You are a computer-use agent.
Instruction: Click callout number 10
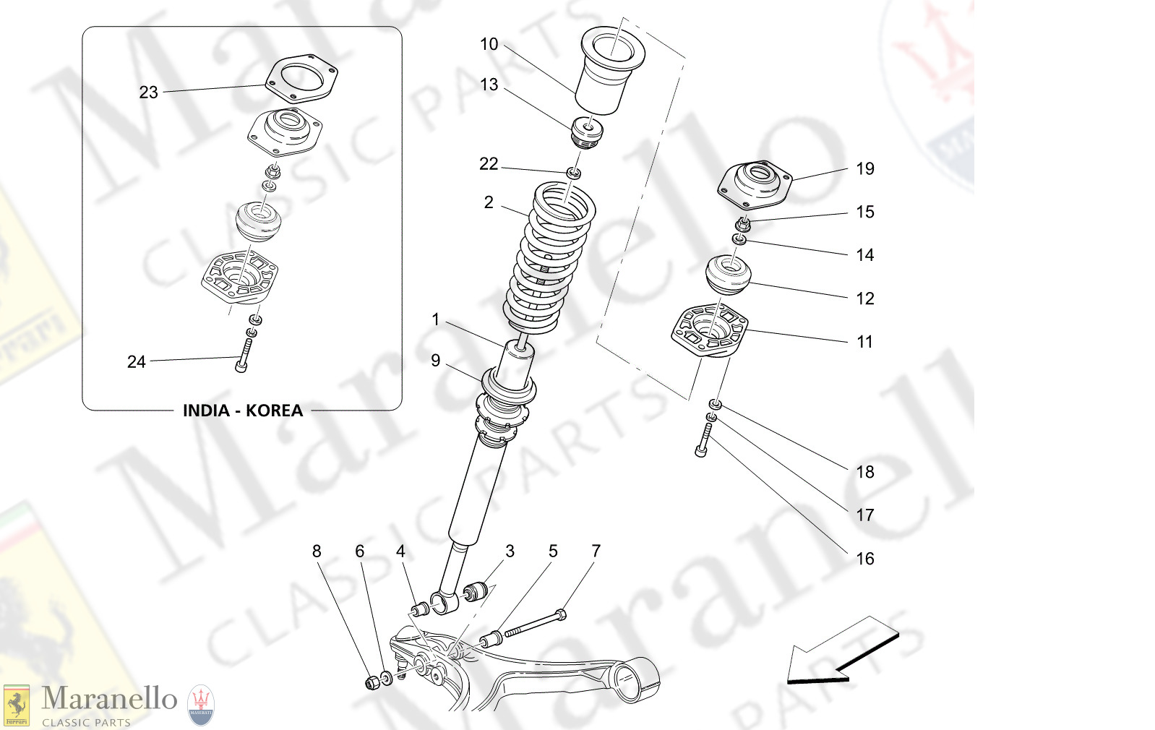coord(489,44)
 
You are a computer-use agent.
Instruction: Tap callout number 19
coord(865,168)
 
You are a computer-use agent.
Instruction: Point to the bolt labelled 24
coord(243,356)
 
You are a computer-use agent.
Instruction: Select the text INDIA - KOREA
coord(242,411)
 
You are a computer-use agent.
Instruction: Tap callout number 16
coord(865,559)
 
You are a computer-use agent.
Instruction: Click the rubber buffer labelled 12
coord(729,275)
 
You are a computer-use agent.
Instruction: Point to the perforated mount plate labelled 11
coord(708,331)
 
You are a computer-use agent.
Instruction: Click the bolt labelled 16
coord(703,441)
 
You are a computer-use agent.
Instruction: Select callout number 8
coord(317,551)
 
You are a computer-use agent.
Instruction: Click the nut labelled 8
coord(372,682)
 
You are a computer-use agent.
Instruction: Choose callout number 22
coord(489,164)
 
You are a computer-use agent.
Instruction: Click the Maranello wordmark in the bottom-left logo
coord(109,699)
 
